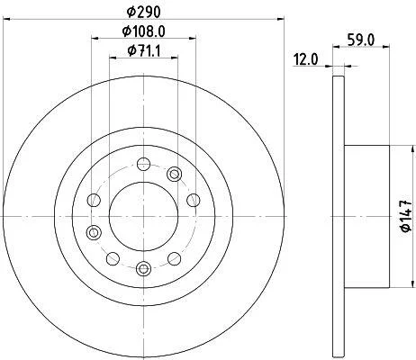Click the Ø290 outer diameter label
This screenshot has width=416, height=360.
(x=143, y=12)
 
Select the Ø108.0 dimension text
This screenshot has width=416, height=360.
(x=143, y=31)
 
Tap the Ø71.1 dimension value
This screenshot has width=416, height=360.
(x=143, y=50)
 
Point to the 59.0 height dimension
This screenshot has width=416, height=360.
(x=361, y=40)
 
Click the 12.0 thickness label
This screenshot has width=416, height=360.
(x=305, y=59)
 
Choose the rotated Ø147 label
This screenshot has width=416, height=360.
(x=406, y=216)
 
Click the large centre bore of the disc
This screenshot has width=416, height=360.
(x=143, y=216)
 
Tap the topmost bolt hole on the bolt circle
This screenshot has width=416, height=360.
(x=143, y=164)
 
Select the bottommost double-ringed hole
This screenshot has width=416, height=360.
(x=143, y=268)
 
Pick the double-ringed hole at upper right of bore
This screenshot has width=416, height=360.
(x=174, y=175)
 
